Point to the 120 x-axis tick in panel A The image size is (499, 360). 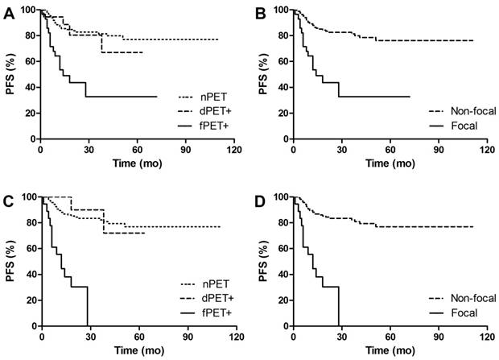234,150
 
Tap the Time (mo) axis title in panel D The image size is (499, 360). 390,350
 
